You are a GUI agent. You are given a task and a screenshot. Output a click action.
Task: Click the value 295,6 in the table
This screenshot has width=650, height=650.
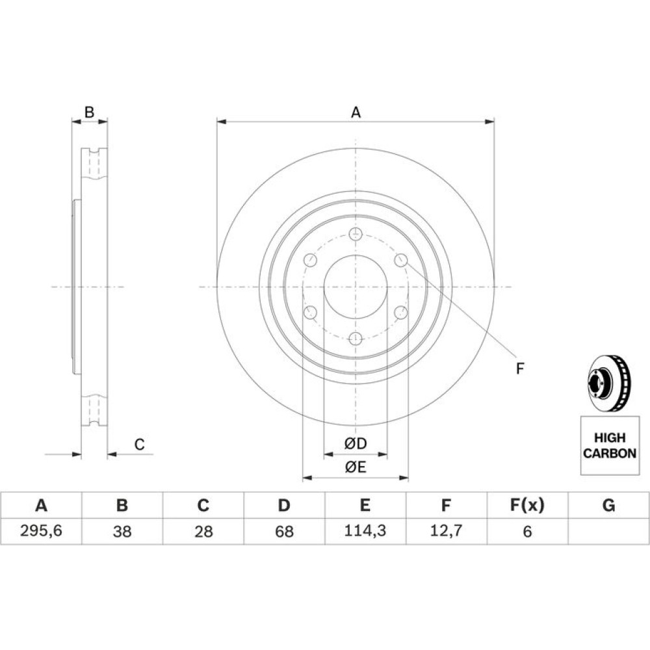point(41,530)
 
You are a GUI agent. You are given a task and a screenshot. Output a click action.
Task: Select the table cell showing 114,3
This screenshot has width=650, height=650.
point(365,530)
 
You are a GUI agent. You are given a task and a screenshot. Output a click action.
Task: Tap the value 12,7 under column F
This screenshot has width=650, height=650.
point(446,530)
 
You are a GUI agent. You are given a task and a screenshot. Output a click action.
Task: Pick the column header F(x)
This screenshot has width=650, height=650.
point(527,505)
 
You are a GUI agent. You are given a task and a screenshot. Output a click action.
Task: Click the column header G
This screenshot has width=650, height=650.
point(608,505)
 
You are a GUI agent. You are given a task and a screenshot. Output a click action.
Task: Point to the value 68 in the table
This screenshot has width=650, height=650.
point(285,531)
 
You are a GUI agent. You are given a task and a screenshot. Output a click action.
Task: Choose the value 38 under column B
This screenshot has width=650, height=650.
point(122,531)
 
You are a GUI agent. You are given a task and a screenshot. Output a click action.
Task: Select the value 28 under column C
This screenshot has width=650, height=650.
point(203,531)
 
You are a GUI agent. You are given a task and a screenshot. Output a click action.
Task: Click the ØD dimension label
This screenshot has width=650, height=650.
point(356,443)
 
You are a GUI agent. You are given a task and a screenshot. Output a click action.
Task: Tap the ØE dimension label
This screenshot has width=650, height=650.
point(356,467)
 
